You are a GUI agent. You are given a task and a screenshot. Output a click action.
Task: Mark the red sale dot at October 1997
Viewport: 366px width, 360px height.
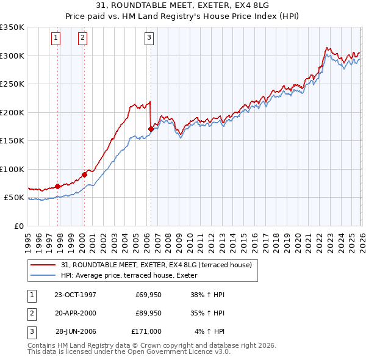tap(58, 186)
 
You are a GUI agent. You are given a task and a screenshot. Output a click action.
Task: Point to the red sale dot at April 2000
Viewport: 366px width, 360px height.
tap(84, 175)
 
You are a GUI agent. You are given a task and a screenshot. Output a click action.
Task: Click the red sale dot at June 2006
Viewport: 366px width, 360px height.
tap(151, 129)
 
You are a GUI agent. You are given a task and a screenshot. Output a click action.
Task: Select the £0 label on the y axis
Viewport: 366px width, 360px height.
tap(18, 226)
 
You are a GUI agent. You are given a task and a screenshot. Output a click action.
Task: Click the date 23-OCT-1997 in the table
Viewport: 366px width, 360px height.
tap(75, 295)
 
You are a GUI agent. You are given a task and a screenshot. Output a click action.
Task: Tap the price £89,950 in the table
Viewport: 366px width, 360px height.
tap(149, 313)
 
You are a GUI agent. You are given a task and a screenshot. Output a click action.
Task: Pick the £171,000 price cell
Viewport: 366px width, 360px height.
tap(146, 331)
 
